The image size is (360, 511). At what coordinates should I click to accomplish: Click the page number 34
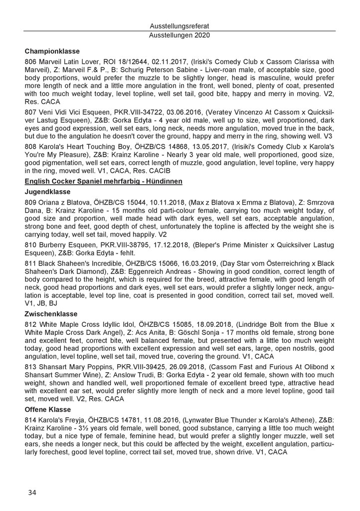click(x=32, y=493)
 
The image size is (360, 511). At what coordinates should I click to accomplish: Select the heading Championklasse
click(x=50, y=50)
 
